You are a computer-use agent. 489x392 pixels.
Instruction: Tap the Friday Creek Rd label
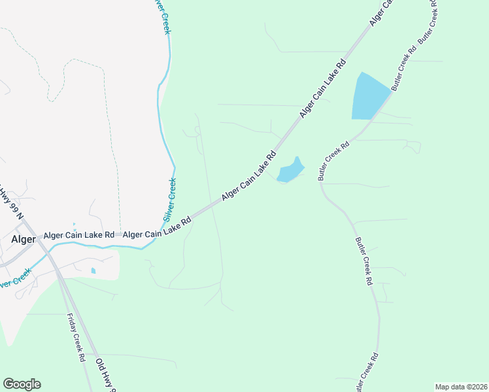(x=76, y=337)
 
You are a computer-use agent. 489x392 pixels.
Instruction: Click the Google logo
(x=22, y=384)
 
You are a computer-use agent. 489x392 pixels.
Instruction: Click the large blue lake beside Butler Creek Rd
(x=367, y=97)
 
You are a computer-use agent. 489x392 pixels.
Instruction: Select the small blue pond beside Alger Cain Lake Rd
(x=290, y=171)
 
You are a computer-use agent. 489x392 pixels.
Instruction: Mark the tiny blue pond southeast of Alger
(x=93, y=270)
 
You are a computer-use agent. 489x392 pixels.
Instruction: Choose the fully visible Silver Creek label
(x=169, y=199)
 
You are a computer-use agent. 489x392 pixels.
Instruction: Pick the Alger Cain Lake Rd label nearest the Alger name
(x=79, y=235)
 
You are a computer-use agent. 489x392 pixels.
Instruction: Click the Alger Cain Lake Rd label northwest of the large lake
(x=322, y=89)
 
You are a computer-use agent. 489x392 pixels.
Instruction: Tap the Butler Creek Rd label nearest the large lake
(x=404, y=67)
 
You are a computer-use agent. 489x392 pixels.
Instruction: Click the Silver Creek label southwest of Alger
(x=14, y=280)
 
